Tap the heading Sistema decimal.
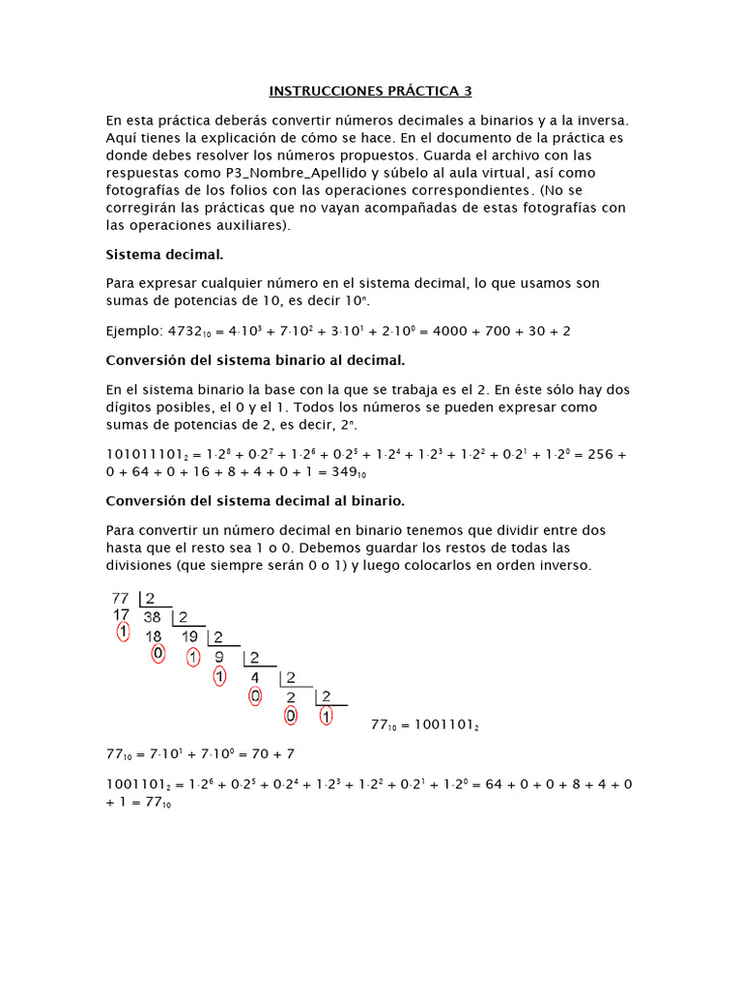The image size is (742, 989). [x=164, y=255]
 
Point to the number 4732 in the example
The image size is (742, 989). [x=185, y=331]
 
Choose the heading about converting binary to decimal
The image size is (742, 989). [x=255, y=360]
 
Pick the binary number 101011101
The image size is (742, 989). [x=144, y=455]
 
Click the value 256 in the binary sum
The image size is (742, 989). [x=601, y=455]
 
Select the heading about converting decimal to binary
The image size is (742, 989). [x=255, y=501]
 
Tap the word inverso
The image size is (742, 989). [x=556, y=565]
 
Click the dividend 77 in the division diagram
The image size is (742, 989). [x=121, y=599]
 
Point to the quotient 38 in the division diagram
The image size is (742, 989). [x=153, y=617]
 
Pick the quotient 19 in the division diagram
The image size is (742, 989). [x=190, y=636]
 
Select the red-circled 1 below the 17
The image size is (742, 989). [x=122, y=634]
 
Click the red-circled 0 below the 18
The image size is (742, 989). [x=158, y=654]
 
